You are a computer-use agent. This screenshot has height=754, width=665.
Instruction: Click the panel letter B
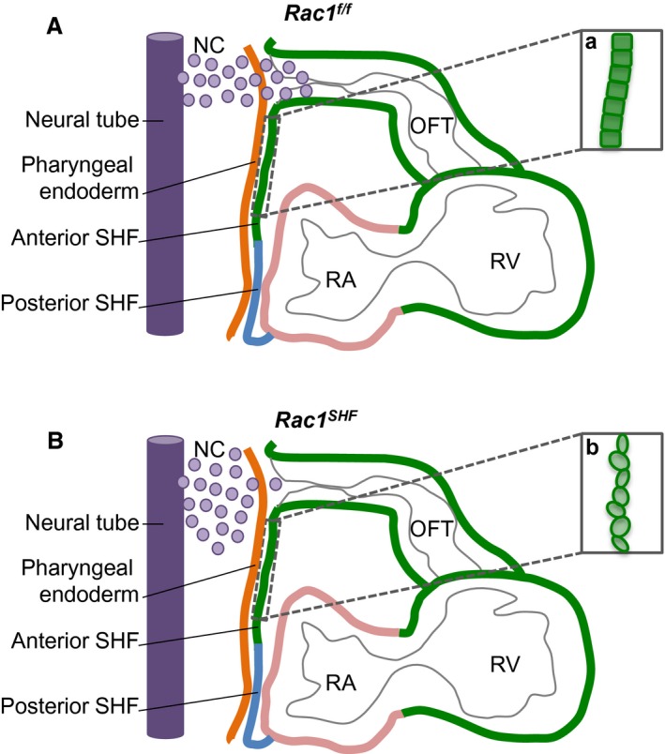tap(55, 437)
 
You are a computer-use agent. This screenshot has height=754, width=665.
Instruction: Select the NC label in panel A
tap(210, 43)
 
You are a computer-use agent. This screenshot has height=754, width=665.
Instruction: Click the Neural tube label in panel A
tap(68, 120)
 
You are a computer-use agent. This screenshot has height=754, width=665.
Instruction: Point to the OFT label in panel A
tap(430, 122)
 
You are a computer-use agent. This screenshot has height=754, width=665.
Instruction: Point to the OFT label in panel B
tap(430, 530)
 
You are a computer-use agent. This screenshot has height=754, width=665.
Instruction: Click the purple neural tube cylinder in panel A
tap(165, 188)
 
